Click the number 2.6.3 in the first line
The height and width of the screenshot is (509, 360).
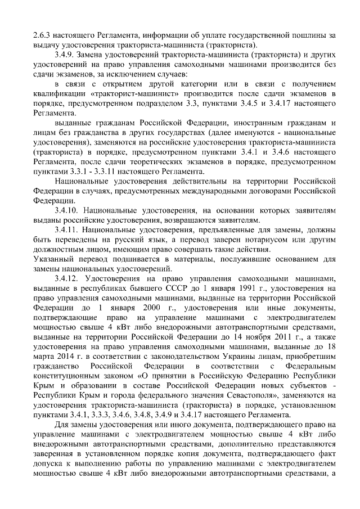click(43, 35)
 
